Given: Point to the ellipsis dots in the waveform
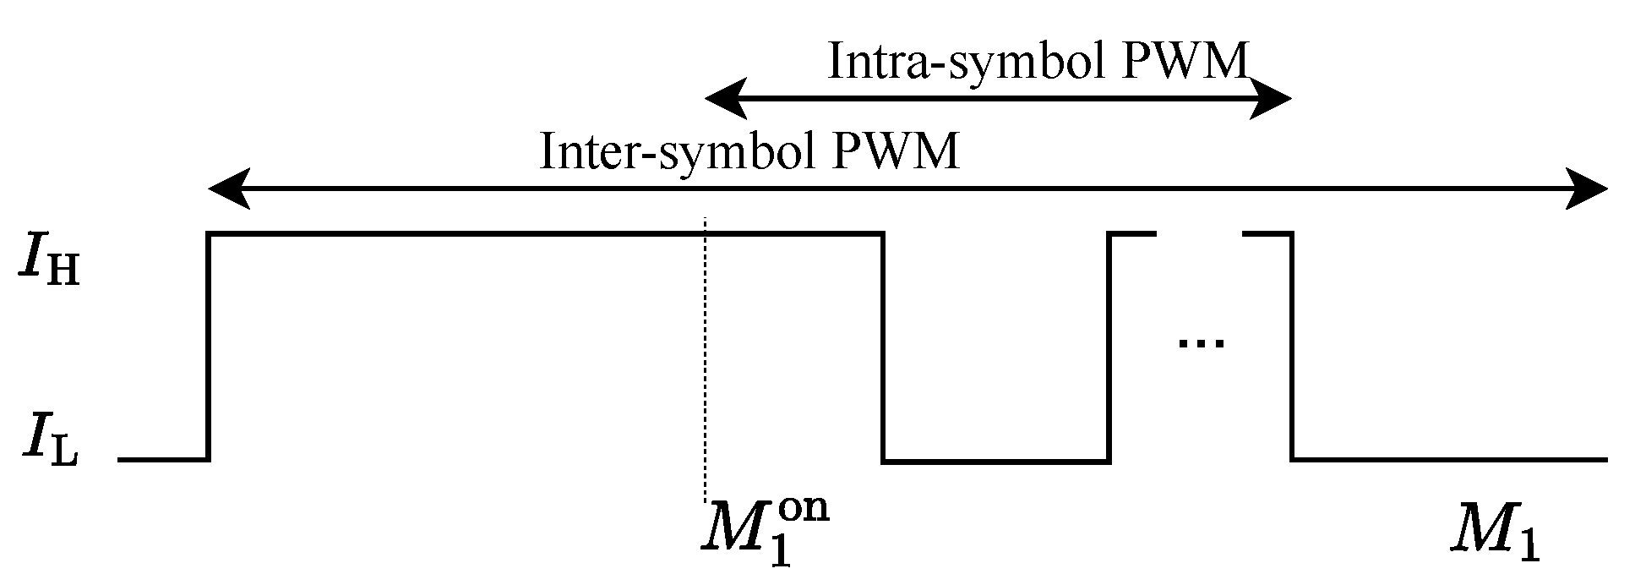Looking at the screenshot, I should click(x=1201, y=342).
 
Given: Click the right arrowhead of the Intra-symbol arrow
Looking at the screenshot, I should click(x=1272, y=99).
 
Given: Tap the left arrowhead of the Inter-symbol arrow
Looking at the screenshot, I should click(x=229, y=189).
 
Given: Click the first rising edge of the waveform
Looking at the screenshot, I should click(x=209, y=347).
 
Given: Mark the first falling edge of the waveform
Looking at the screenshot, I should click(x=883, y=347).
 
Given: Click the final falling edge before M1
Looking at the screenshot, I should click(x=1291, y=347).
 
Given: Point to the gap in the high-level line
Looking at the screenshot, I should click(x=1199, y=232).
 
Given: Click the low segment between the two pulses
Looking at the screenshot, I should click(x=996, y=462).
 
